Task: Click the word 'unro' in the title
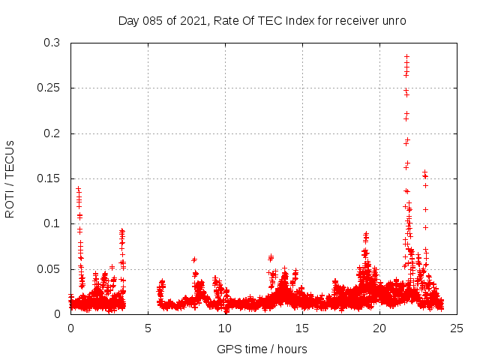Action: [x=394, y=21]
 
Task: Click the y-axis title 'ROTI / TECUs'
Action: [x=10, y=178]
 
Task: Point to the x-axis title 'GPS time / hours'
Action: [x=262, y=349]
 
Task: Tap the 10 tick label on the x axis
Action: [x=225, y=328]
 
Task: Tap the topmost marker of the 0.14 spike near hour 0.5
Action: [x=78, y=189]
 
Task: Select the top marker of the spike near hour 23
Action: [x=424, y=172]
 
